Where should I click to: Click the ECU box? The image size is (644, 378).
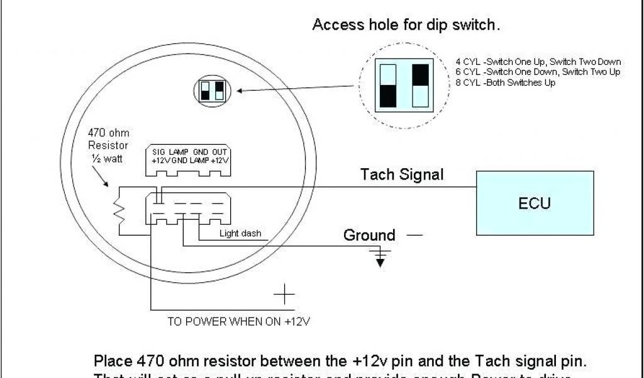click(x=535, y=203)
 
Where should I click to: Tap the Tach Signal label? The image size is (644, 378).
click(x=401, y=175)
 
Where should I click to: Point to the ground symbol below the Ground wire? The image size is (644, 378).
click(x=380, y=256)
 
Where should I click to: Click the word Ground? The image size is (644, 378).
click(x=369, y=236)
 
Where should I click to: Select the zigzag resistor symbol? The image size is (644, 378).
click(x=118, y=212)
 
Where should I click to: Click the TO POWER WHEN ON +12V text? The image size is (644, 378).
click(x=240, y=321)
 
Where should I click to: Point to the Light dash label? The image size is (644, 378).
click(x=240, y=234)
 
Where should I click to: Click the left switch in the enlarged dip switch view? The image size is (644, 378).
click(x=388, y=84)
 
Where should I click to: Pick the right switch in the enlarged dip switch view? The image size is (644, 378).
click(x=420, y=84)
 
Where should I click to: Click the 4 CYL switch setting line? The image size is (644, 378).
click(x=538, y=62)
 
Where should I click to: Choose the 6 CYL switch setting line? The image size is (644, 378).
click(x=538, y=72)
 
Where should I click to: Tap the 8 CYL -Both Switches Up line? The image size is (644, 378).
click(x=506, y=83)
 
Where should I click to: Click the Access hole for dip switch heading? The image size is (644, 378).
click(x=406, y=26)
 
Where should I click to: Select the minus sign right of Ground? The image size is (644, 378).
click(x=414, y=236)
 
